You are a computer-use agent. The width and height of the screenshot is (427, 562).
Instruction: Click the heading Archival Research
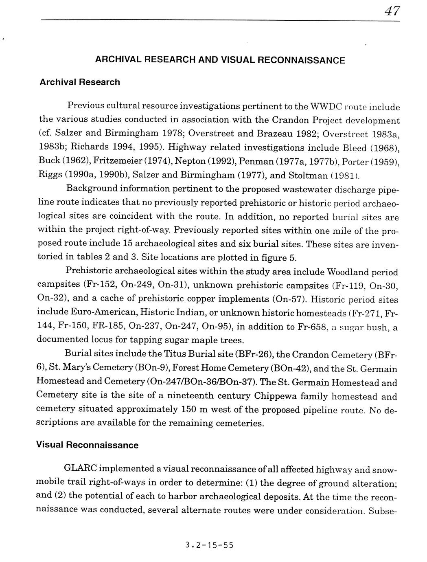point(79,82)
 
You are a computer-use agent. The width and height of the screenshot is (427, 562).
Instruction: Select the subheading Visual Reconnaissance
point(87,445)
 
